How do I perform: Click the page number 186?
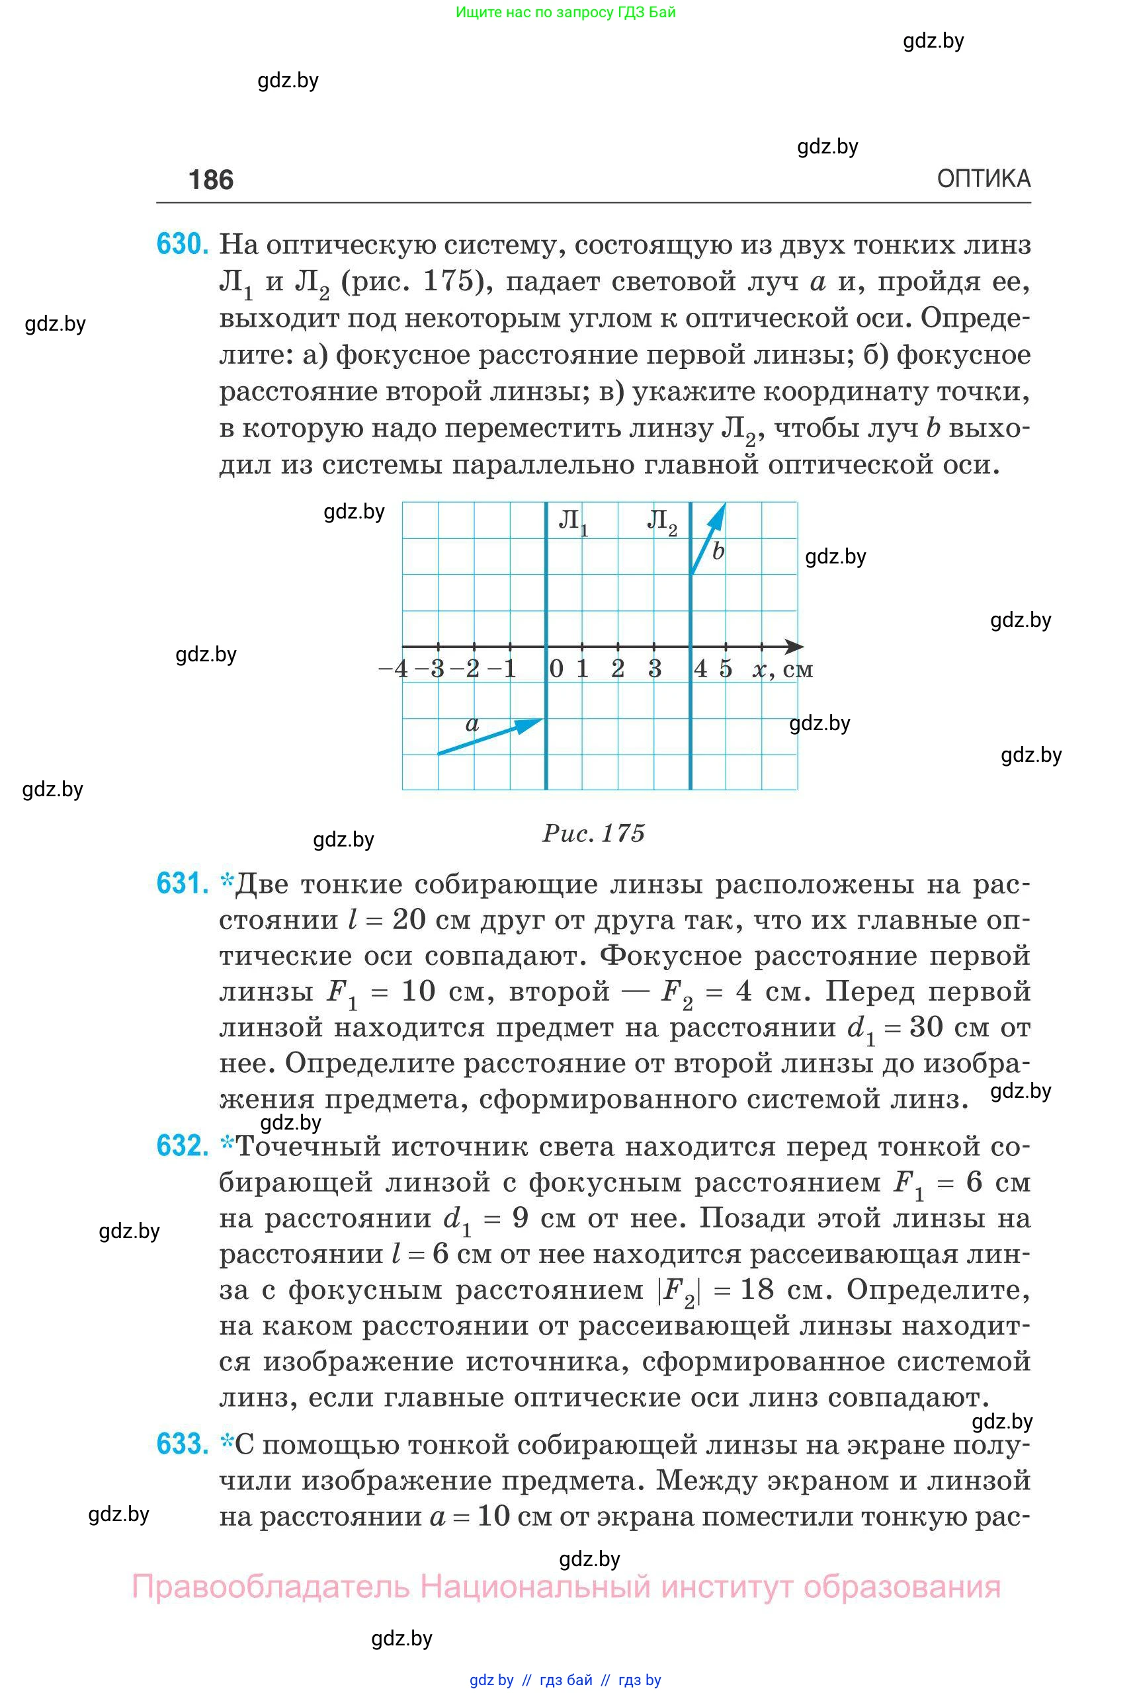(x=210, y=180)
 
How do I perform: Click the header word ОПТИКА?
(x=984, y=179)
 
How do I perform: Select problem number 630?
(x=183, y=244)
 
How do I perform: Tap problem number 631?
(x=183, y=883)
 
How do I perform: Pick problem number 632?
(x=183, y=1146)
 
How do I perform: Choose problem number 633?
(x=183, y=1444)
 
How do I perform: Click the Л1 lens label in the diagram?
(x=573, y=520)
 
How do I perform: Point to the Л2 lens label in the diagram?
(x=661, y=520)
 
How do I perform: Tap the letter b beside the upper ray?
(x=718, y=552)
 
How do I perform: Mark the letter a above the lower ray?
(x=472, y=723)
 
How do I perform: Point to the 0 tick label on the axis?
(x=556, y=669)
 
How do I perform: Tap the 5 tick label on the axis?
(x=726, y=669)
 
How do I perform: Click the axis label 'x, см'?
(x=782, y=670)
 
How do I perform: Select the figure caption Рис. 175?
(x=593, y=833)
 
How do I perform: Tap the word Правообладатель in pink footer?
(x=271, y=1587)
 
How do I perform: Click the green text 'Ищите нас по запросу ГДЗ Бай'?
(x=566, y=13)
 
